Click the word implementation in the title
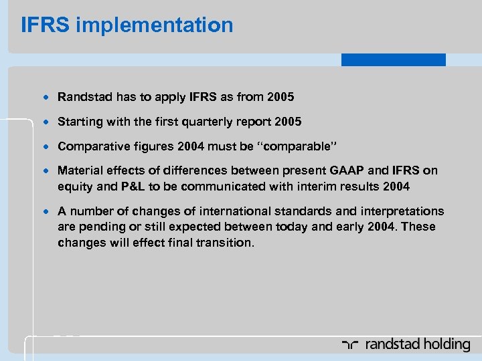pos(155,25)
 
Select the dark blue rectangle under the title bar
pos(393,59)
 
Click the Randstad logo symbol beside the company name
pos(351,345)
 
